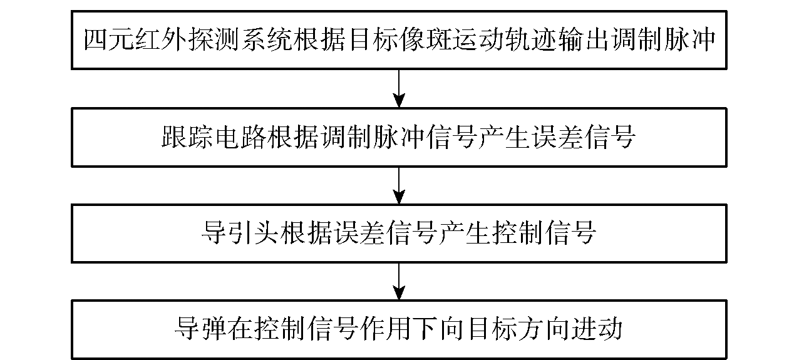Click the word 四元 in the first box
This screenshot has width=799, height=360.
pyautogui.click(x=110, y=39)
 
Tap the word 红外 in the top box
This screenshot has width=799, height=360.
pyautogui.click(x=162, y=39)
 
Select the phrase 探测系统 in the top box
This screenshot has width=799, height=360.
pyautogui.click(x=242, y=39)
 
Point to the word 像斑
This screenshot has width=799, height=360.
pyautogui.click(x=426, y=39)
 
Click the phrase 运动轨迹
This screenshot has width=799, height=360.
pyautogui.click(x=505, y=39)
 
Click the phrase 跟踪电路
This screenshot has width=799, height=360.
pyautogui.click(x=214, y=137)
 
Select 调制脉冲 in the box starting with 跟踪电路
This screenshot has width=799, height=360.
pyautogui.click(x=373, y=137)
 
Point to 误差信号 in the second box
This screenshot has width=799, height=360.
pyautogui.click(x=584, y=137)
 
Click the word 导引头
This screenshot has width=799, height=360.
pyautogui.click(x=240, y=233)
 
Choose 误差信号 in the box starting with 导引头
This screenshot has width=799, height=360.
pyautogui.click(x=386, y=233)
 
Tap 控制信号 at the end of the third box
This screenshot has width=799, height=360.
pyautogui.click(x=544, y=233)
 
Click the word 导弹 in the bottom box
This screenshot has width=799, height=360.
pyautogui.click(x=201, y=329)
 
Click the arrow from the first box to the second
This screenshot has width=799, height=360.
pyautogui.click(x=399, y=88)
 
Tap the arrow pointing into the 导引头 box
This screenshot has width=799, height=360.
pyautogui.click(x=399, y=185)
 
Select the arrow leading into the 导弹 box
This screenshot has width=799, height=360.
pyautogui.click(x=399, y=282)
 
